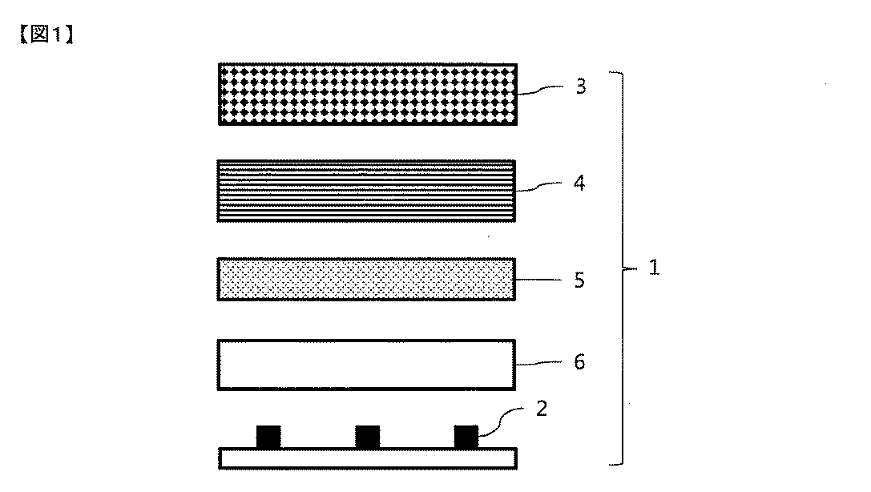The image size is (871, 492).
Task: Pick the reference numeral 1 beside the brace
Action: [x=654, y=268]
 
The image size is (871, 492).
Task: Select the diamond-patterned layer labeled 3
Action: [x=368, y=94]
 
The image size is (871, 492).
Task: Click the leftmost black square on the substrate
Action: [x=268, y=438]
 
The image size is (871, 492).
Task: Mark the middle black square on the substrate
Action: [x=367, y=438]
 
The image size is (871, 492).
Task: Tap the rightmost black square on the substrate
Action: [x=466, y=438]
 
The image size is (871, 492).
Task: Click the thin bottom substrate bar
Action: [x=368, y=458]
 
